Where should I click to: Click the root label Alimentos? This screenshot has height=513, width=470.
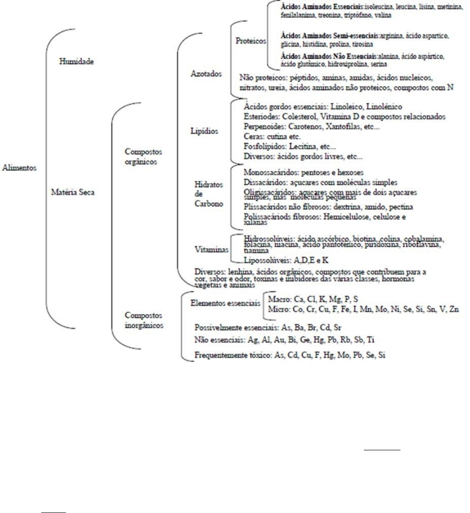tap(19, 168)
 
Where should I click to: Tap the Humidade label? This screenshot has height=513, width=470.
tap(77, 61)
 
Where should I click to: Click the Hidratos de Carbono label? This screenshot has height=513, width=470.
tap(209, 194)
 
